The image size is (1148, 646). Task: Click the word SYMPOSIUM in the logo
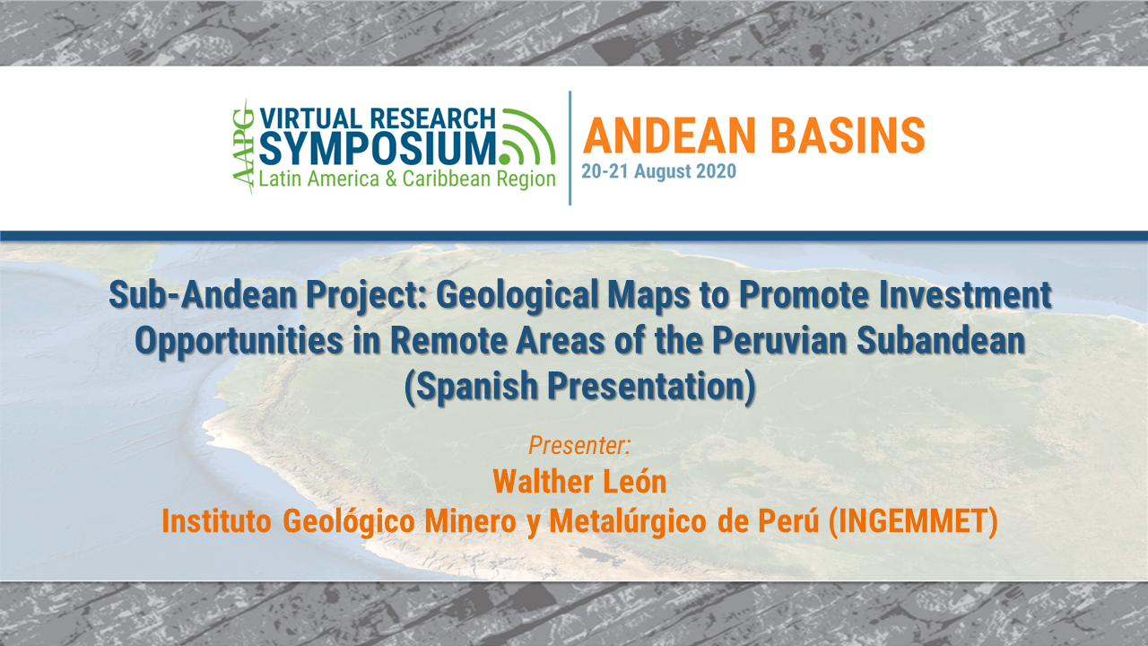pos(378,147)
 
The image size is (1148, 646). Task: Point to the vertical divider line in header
pos(570,147)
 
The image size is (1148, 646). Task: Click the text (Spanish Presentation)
pos(579,387)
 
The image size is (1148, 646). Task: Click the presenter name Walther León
pos(579,481)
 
